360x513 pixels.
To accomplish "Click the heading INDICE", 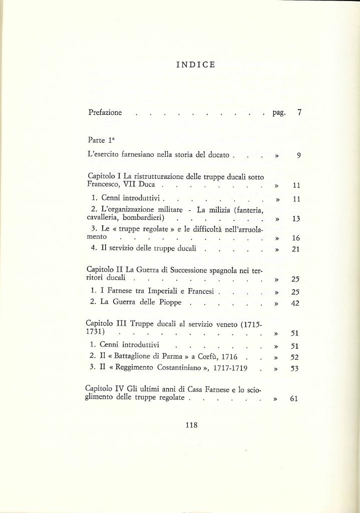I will [x=196, y=65].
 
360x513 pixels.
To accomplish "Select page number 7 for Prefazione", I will [x=299, y=113].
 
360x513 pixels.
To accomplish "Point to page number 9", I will [x=298, y=156].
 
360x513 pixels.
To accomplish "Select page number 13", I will [x=296, y=219].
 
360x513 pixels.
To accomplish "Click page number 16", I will [x=295, y=238].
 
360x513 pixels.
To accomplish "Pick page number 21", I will [x=295, y=249].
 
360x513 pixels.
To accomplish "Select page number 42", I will [x=295, y=303].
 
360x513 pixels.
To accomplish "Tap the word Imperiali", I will [x=164, y=291].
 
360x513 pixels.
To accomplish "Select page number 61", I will [x=294, y=399].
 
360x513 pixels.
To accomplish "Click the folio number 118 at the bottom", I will [x=191, y=425].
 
